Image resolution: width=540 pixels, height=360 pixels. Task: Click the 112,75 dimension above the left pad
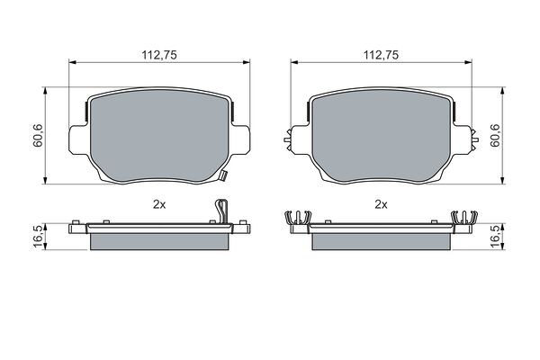point(157,53)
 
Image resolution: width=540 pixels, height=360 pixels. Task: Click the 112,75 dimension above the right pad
point(379,53)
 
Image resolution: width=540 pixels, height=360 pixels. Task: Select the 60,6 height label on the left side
point(37,137)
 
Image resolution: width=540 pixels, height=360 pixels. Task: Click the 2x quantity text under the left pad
point(160,205)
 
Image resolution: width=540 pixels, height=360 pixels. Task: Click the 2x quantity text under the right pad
point(381,205)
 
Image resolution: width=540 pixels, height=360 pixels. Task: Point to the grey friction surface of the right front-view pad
point(382,131)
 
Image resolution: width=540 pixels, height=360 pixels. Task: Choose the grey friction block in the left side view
point(160,240)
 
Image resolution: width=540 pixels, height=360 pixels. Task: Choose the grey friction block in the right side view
point(382,240)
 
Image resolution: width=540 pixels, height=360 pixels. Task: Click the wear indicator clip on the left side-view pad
point(220,211)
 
